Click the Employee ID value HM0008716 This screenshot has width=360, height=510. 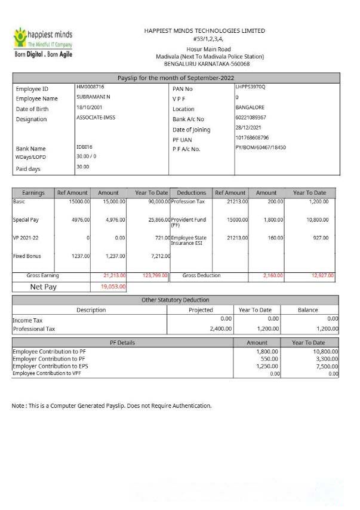pyautogui.click(x=90, y=87)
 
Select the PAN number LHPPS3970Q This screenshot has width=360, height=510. pyautogui.click(x=251, y=87)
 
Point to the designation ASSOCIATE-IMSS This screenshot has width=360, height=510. pyautogui.click(x=96, y=118)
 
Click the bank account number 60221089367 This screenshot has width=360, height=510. pyautogui.click(x=251, y=118)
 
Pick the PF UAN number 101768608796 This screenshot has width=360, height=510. pyautogui.click(x=253, y=138)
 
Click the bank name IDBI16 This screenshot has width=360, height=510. pyautogui.click(x=85, y=147)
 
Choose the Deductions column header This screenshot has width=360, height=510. pyautogui.click(x=192, y=193)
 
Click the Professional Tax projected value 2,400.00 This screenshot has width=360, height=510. pyautogui.click(x=220, y=329)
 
